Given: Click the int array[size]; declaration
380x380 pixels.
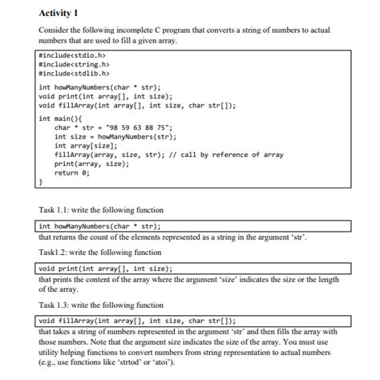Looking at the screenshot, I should [83, 145].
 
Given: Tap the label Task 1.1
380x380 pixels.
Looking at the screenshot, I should [54, 210].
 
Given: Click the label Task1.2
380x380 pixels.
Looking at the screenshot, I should [52, 252].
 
